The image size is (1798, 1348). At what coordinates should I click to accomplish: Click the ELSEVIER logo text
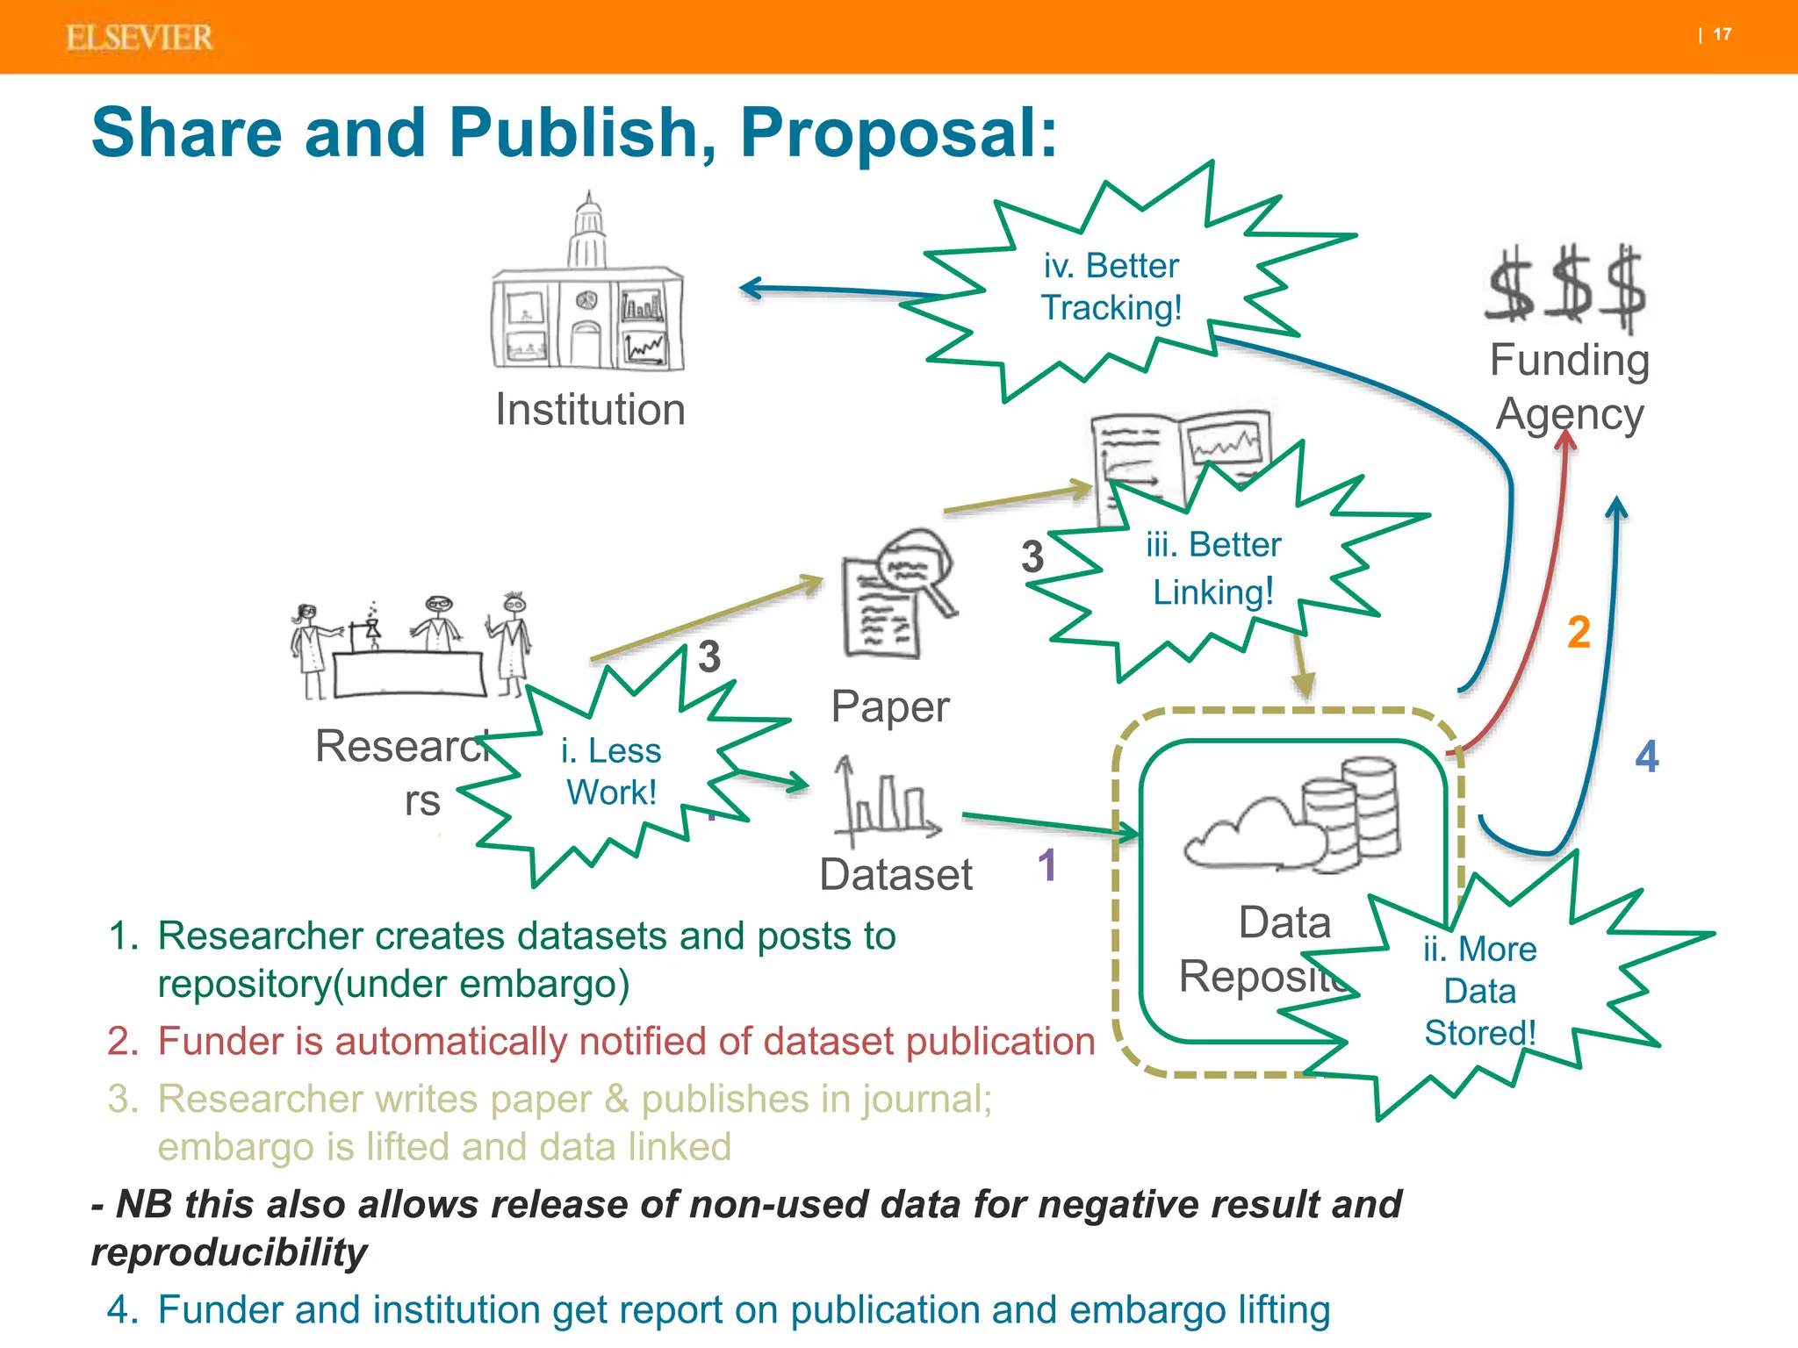(x=139, y=38)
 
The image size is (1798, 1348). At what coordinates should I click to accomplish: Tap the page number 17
(x=1722, y=34)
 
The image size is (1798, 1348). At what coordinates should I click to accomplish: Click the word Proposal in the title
(x=897, y=133)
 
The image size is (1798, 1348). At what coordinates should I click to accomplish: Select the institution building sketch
(x=587, y=290)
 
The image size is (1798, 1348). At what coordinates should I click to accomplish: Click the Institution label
(x=590, y=410)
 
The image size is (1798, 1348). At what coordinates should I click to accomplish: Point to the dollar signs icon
(x=1566, y=287)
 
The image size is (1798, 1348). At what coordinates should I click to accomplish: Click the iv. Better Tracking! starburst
(x=1111, y=287)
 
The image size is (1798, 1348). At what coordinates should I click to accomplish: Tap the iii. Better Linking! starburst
(x=1213, y=568)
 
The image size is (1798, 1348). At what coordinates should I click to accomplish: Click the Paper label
(x=890, y=706)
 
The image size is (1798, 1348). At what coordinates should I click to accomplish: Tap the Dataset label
(x=895, y=875)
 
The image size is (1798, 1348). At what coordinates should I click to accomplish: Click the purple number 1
(x=1046, y=865)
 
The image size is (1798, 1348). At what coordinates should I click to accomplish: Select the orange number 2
(x=1579, y=633)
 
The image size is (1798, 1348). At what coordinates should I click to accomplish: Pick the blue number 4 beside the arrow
(x=1647, y=756)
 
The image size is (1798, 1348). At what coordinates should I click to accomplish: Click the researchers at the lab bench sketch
(x=410, y=647)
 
